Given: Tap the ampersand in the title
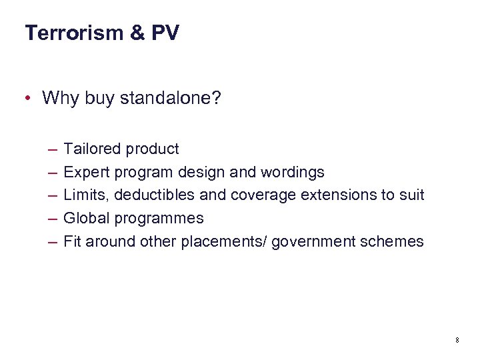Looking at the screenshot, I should [137, 33].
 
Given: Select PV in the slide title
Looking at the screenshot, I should [165, 33].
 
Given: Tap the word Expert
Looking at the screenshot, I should [87, 172].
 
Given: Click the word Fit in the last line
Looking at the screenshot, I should [71, 241].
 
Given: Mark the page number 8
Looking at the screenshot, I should [457, 341].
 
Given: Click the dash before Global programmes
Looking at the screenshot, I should [52, 218].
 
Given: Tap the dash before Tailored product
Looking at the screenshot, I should [52, 149].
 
